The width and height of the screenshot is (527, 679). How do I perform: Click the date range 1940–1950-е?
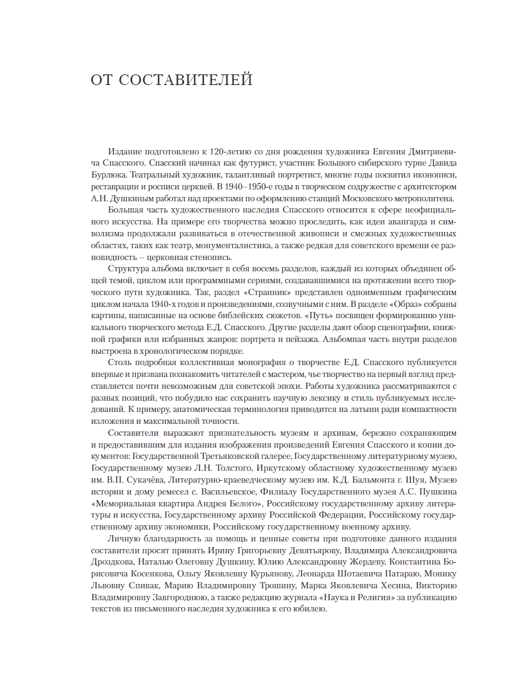[x=228, y=188]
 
